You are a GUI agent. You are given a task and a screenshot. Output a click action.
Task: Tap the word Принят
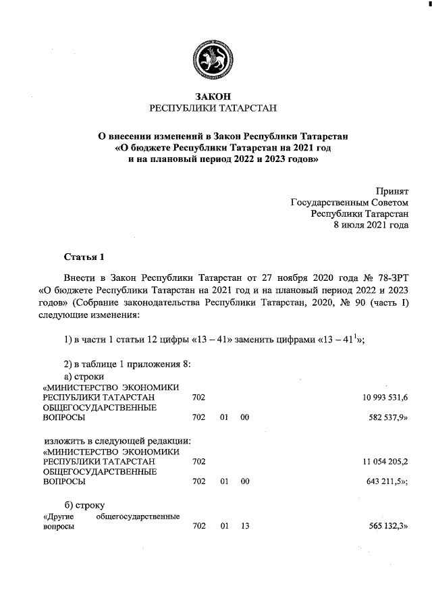pos(392,191)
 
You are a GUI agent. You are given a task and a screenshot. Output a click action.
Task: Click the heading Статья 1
pos(84,257)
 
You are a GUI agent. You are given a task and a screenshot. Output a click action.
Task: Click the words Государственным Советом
pos(350,203)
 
